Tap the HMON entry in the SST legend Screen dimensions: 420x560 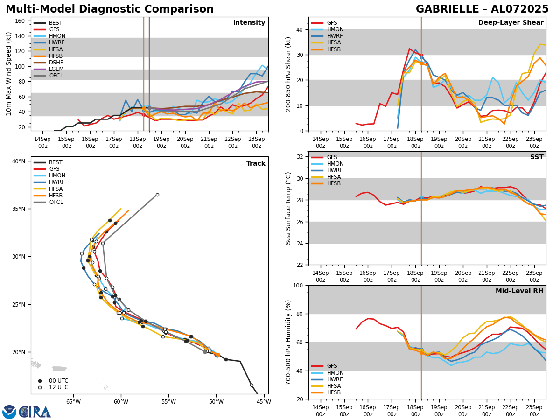pyautogui.click(x=335, y=164)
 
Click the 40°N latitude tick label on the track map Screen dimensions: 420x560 pyautogui.click(x=19, y=161)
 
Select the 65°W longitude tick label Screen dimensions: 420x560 pyautogui.click(x=73, y=401)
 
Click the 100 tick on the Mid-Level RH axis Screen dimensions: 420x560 pyautogui.click(x=300, y=285)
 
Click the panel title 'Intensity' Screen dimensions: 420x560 pyautogui.click(x=249, y=23)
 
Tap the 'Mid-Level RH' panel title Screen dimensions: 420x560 pyautogui.click(x=519, y=291)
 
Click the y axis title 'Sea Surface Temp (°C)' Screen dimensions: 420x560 pyautogui.click(x=289, y=208)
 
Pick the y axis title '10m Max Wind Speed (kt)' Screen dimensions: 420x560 pyautogui.click(x=9, y=74)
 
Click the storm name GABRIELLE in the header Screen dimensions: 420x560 pyautogui.click(x=448, y=9)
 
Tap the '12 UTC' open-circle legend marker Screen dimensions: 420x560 pyautogui.click(x=40, y=387)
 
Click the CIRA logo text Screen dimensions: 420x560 pyautogui.click(x=35, y=412)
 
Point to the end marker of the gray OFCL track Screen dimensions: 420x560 pyautogui.click(x=157, y=195)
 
